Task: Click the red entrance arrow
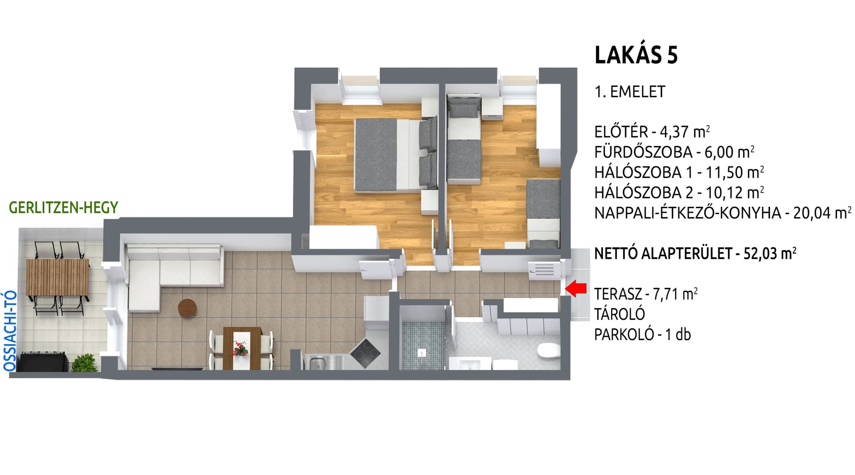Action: (575, 289)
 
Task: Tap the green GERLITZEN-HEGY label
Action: (63, 207)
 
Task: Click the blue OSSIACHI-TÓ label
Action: (10, 331)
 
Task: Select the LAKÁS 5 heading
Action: (636, 55)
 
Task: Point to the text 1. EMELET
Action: (630, 92)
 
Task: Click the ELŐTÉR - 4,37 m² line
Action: (652, 132)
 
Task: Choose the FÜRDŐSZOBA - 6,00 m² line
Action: (674, 152)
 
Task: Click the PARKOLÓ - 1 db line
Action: (643, 335)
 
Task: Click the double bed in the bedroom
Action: (396, 155)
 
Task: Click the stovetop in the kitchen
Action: (365, 353)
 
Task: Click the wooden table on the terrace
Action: (57, 278)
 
